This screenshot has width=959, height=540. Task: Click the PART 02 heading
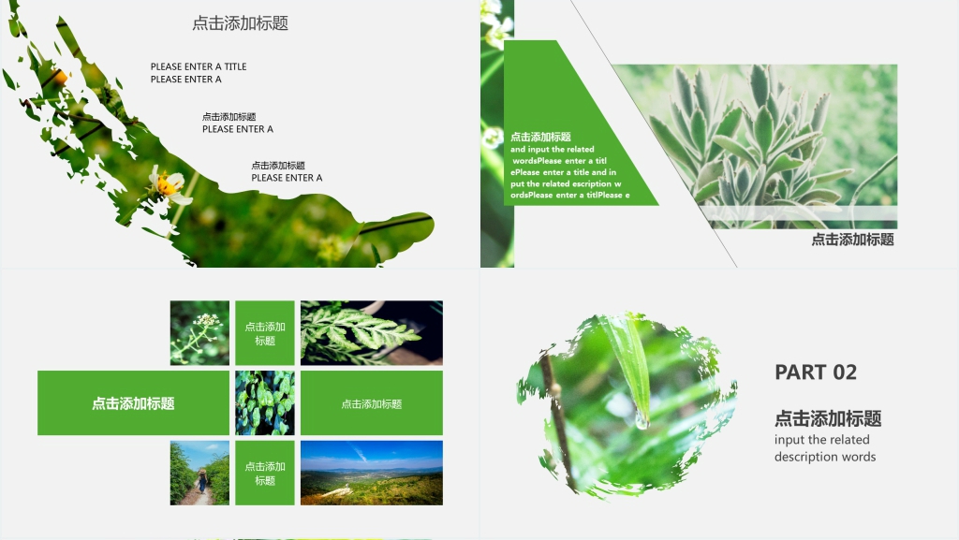point(816,372)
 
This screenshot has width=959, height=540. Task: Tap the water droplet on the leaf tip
point(642,419)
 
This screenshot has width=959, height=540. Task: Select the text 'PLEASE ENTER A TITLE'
point(199,66)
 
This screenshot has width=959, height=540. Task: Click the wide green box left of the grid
point(133,403)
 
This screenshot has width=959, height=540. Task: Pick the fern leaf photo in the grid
point(371,333)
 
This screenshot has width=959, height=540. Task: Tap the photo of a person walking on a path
point(199,473)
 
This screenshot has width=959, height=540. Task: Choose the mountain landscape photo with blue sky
point(371,473)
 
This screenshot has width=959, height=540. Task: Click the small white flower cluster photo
point(199,333)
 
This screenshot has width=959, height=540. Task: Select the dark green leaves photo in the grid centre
point(265,403)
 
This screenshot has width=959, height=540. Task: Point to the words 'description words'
point(825,457)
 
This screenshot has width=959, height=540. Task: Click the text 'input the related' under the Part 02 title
point(822,440)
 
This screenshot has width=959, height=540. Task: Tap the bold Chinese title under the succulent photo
point(852,240)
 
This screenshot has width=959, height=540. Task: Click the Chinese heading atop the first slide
point(241,23)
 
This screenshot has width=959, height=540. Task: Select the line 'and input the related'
point(553,149)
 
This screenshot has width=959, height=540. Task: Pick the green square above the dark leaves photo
point(265,333)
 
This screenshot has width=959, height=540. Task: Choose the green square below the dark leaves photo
point(265,473)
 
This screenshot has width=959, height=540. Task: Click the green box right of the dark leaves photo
point(371,403)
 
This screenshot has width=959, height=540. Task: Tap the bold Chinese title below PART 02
point(828,418)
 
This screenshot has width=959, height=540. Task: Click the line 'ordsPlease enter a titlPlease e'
point(570,195)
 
